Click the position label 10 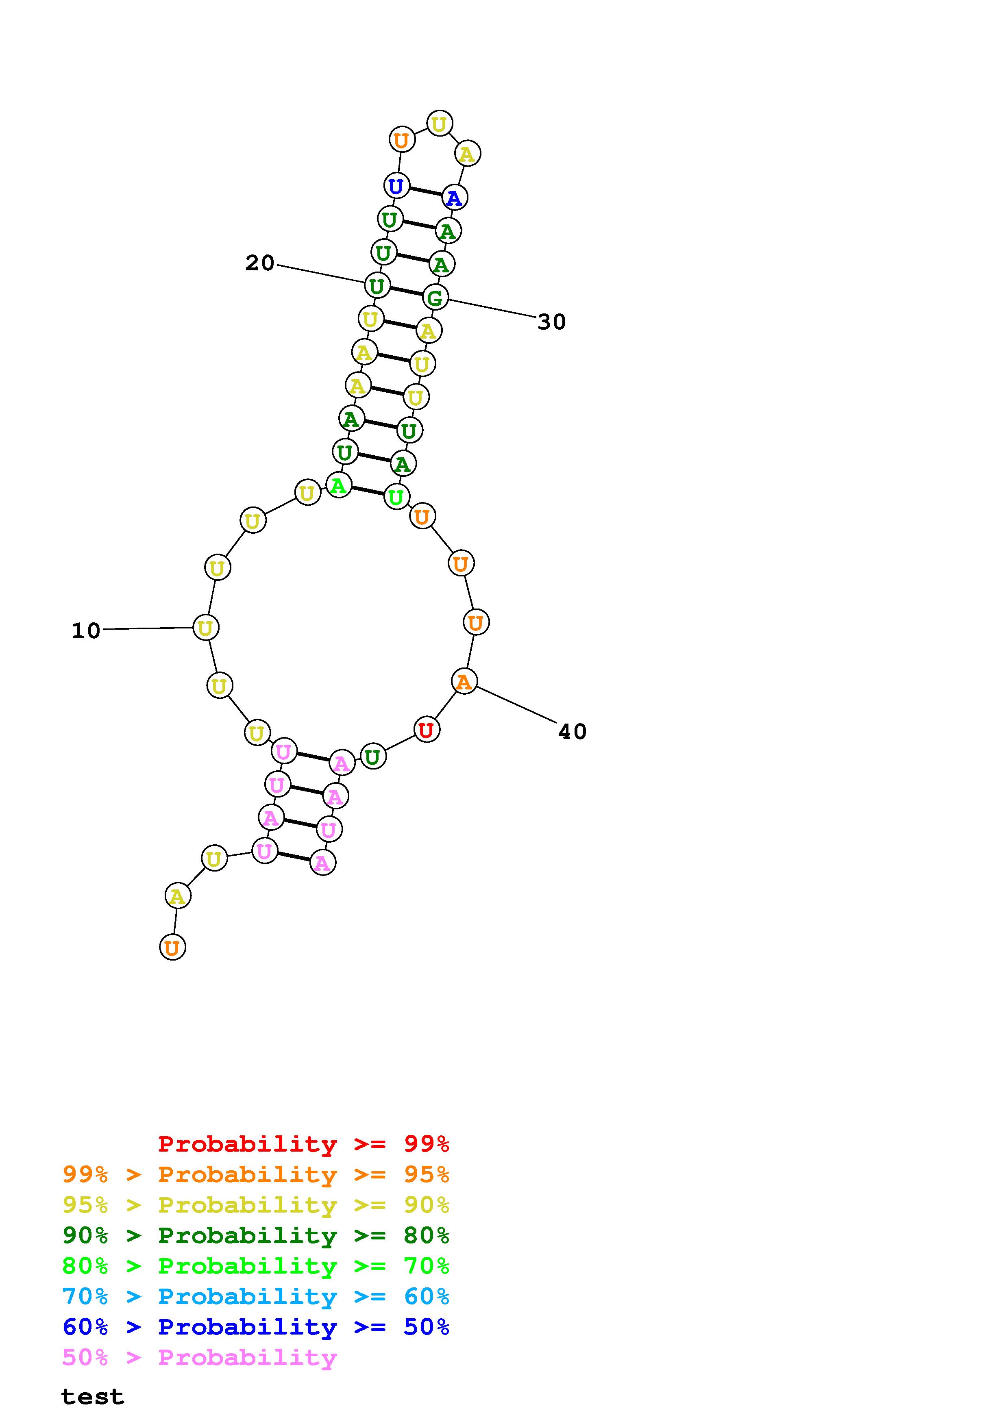pos(86,631)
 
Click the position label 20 pos(259,263)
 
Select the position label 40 pos(572,732)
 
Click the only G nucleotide pos(435,298)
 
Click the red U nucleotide pos(426,730)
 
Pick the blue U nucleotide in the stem pos(396,186)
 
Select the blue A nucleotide pos(454,198)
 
